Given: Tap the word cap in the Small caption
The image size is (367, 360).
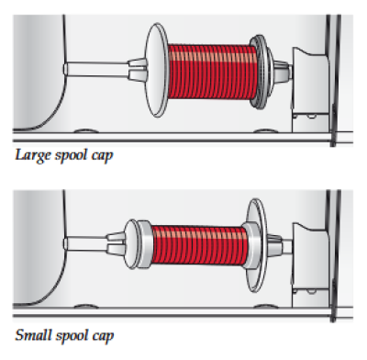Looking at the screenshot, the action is (x=103, y=337).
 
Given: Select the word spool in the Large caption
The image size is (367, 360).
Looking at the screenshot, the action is (x=72, y=156).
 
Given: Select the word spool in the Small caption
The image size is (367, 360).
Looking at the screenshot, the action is (x=72, y=336).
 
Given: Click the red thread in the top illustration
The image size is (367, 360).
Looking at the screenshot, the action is (x=213, y=72).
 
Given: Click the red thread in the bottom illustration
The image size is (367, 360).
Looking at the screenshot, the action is (x=199, y=245).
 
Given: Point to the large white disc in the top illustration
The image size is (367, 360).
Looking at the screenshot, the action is (x=157, y=70).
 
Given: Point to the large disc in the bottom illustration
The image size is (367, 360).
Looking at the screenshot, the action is (x=257, y=245).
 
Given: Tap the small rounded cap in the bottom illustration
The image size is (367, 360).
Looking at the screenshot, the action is (x=131, y=244).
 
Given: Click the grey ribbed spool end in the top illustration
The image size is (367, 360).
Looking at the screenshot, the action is (x=262, y=73).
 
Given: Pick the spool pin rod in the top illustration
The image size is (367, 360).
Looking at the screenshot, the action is (x=96, y=69).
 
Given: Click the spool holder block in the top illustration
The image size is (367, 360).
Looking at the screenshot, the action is (x=309, y=89).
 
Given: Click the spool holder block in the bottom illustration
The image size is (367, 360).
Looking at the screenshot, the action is (x=309, y=264).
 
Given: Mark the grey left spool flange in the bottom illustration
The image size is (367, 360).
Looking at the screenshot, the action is (x=144, y=244).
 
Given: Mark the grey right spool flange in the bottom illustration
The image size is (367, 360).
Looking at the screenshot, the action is (x=252, y=245).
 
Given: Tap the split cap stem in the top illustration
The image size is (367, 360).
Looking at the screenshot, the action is (x=137, y=69).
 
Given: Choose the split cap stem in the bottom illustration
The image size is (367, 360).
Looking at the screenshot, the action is (x=117, y=244).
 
